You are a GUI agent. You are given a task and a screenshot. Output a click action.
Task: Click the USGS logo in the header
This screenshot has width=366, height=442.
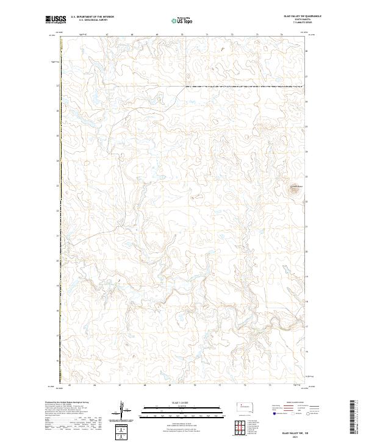point(56,20)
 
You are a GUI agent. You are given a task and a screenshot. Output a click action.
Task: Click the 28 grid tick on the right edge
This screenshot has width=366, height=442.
point(307,51)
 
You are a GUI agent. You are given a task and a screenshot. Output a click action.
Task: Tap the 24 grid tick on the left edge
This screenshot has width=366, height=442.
point(58,161)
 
